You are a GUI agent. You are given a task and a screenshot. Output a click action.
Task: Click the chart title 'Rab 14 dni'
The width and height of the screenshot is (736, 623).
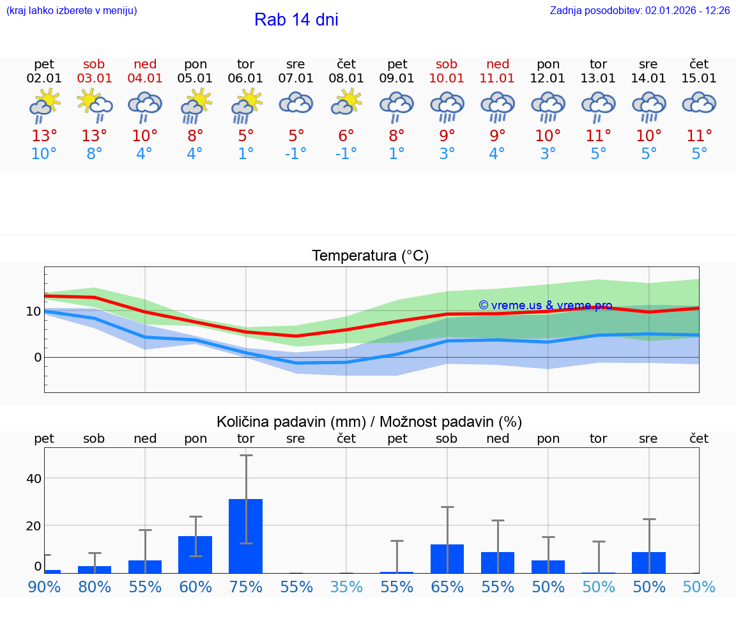(x=296, y=20)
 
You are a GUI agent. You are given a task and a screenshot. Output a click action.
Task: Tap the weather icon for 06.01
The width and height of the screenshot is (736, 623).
(x=246, y=106)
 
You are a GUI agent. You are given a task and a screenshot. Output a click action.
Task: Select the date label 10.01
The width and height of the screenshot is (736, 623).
(x=447, y=79)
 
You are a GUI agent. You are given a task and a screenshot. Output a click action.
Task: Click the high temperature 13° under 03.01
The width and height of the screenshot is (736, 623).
(x=94, y=135)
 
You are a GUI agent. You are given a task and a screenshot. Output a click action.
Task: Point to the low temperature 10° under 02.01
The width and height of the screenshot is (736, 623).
(x=44, y=153)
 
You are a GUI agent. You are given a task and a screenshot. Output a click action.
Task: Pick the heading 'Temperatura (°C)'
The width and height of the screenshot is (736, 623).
(x=370, y=256)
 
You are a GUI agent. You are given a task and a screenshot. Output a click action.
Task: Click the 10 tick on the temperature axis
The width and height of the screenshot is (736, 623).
(x=33, y=311)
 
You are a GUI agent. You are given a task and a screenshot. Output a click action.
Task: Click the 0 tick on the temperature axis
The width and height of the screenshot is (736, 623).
(x=37, y=357)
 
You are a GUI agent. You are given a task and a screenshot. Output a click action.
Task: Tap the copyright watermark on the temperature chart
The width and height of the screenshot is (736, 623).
(x=545, y=305)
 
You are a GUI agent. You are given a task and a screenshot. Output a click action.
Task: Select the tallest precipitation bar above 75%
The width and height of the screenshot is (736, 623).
(x=246, y=535)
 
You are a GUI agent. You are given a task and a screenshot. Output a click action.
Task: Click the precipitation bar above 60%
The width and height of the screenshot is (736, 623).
(x=195, y=554)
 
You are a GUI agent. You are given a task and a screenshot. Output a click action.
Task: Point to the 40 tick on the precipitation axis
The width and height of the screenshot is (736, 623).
(x=33, y=479)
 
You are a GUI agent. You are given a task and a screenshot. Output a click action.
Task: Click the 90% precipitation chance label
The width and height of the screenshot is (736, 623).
(x=44, y=587)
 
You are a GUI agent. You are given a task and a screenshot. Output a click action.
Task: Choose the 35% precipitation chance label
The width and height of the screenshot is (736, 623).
(x=346, y=587)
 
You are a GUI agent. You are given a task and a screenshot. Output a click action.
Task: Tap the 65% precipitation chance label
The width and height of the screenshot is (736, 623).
(x=447, y=587)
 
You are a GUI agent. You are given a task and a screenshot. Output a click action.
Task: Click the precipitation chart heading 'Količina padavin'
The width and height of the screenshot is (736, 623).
(x=291, y=422)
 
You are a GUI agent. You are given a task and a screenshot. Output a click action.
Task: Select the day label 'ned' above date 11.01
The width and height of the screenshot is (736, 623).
(x=498, y=64)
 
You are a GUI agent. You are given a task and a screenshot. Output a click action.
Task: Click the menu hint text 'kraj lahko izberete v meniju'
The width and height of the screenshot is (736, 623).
(x=72, y=11)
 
